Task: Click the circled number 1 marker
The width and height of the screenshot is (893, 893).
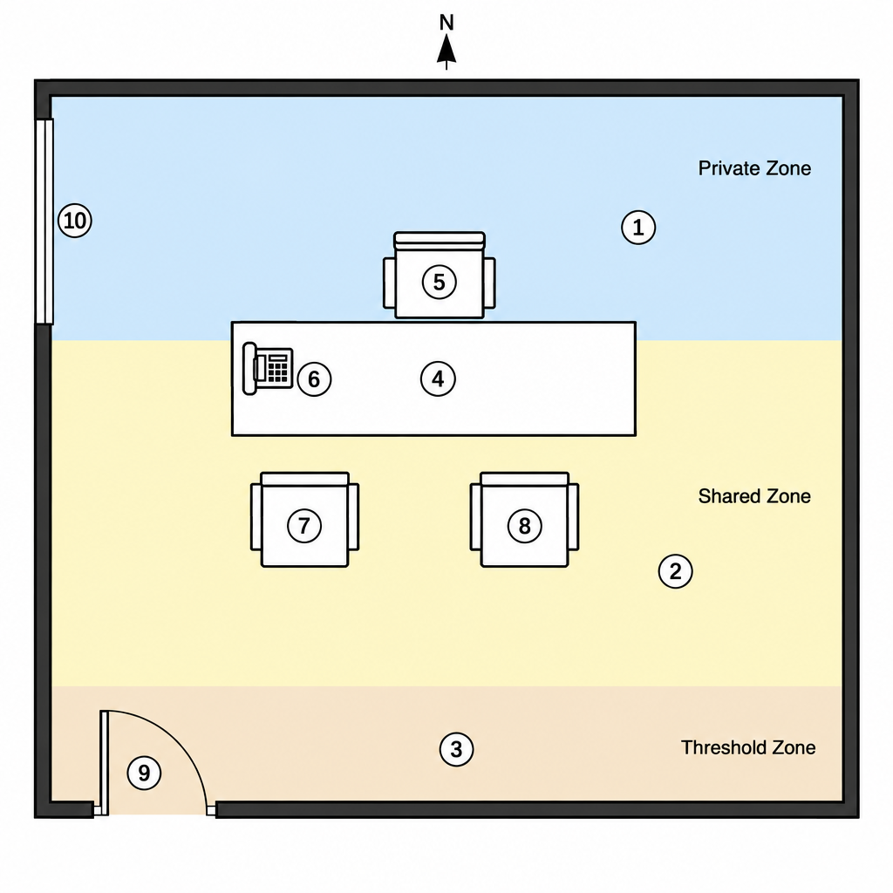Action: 637,228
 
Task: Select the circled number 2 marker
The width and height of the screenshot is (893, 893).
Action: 676,570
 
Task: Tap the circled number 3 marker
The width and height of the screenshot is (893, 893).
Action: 456,749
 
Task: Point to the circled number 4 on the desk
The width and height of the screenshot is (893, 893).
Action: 438,378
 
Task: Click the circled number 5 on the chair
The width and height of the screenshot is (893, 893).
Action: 440,282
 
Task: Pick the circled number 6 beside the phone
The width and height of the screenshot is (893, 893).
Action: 314,379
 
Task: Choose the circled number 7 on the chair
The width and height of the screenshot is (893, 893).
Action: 304,525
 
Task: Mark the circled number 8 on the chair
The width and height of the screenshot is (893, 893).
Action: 524,526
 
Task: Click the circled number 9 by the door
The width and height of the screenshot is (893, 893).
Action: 144,773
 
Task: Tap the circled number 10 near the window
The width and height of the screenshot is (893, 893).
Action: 75,221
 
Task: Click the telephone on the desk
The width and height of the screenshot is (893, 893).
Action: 268,369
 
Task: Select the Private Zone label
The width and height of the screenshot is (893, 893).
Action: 754,168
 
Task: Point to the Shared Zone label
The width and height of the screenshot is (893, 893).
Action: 754,496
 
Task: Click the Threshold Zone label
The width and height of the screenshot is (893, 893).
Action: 748,747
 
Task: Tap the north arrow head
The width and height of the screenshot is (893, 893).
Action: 446,49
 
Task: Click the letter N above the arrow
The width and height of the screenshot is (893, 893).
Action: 446,23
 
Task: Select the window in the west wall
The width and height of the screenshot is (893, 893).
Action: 45,222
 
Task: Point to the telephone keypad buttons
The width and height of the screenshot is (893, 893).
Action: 278,368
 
